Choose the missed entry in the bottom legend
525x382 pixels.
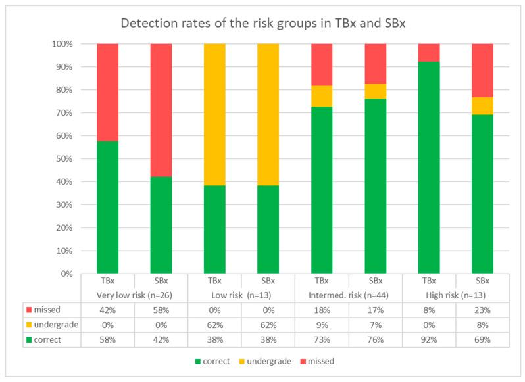point(325,360)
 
